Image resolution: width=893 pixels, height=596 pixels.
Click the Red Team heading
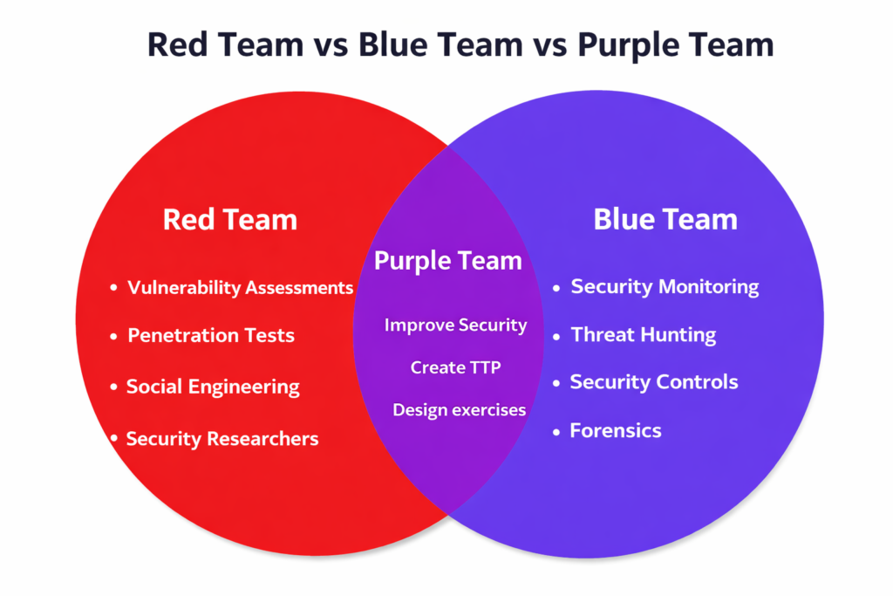[230, 220]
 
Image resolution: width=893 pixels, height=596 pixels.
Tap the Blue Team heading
[665, 219]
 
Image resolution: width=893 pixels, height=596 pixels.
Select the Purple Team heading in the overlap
[448, 260]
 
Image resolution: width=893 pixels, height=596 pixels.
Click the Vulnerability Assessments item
[240, 287]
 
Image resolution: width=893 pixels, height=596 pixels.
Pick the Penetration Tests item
[211, 335]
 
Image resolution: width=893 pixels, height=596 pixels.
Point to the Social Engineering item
[213, 387]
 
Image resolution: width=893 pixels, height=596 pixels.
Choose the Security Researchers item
[222, 439]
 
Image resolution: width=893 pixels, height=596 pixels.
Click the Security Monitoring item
[665, 286]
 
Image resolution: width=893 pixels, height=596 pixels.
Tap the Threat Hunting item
[643, 334]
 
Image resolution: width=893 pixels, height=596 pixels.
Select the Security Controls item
[654, 382]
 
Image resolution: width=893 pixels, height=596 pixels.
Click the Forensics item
[616, 430]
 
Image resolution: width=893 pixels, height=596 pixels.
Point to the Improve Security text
[455, 325]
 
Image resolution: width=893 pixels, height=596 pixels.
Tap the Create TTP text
[455, 367]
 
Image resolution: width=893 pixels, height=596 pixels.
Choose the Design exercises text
[459, 409]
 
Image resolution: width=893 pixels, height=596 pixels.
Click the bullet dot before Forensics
[557, 431]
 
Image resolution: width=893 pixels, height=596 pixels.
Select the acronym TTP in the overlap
[483, 367]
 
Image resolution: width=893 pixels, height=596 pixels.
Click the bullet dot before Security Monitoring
[557, 287]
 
